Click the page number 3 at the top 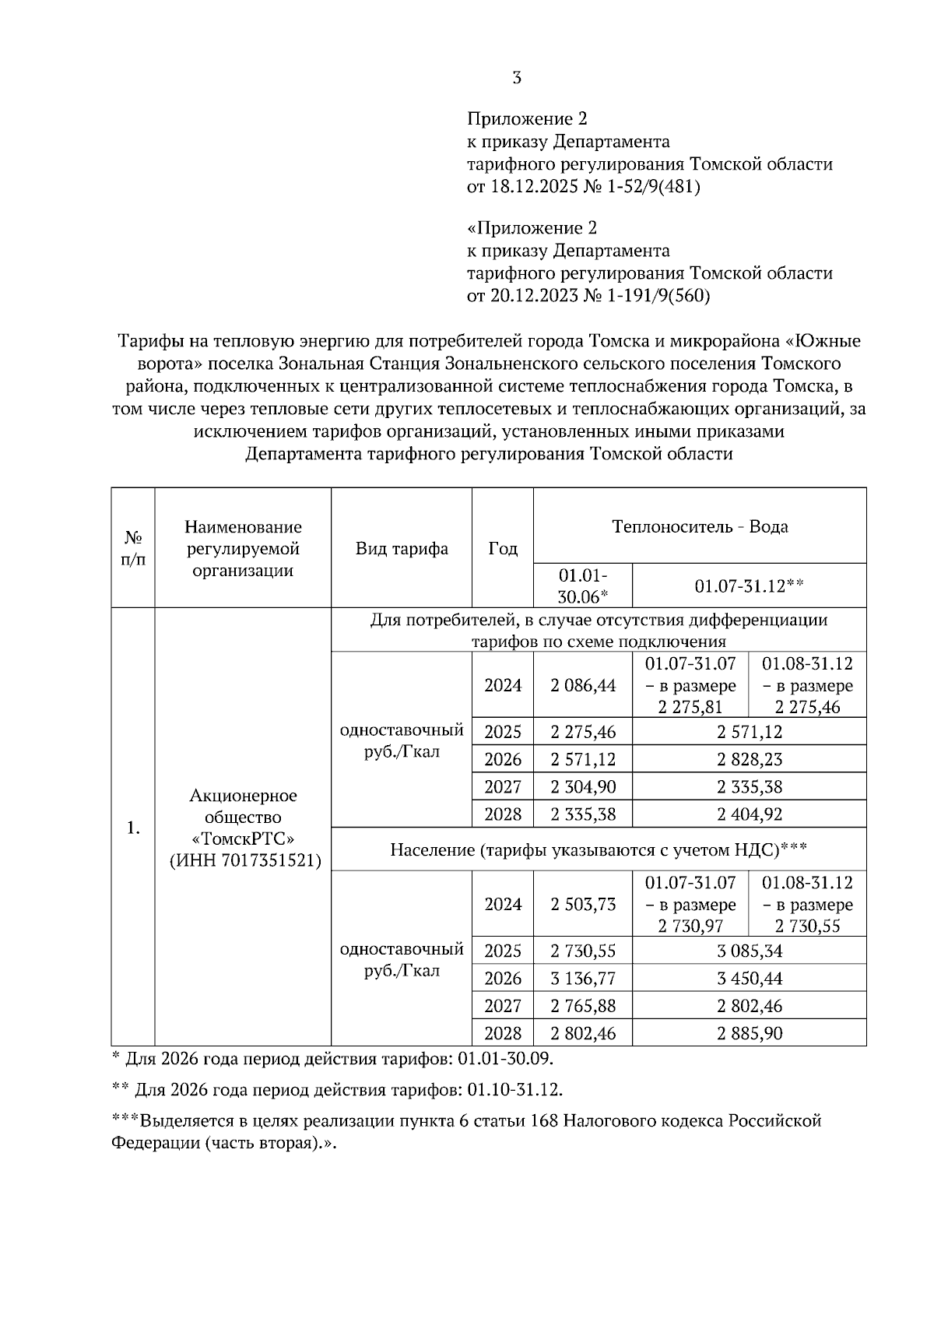click(x=517, y=78)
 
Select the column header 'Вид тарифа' click(x=402, y=548)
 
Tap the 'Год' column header click(x=503, y=548)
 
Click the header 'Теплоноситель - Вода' click(x=700, y=526)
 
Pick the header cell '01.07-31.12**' click(x=749, y=586)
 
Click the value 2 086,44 click(x=583, y=685)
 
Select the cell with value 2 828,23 click(x=750, y=759)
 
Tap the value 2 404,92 click(x=750, y=814)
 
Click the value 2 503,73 click(x=583, y=904)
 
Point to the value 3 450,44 click(x=750, y=978)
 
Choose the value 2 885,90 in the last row click(x=750, y=1033)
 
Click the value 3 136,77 click(x=583, y=978)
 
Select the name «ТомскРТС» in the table click(x=243, y=839)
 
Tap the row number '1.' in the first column click(x=133, y=828)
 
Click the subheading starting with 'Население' click(x=598, y=849)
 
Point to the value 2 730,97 click(x=690, y=926)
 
